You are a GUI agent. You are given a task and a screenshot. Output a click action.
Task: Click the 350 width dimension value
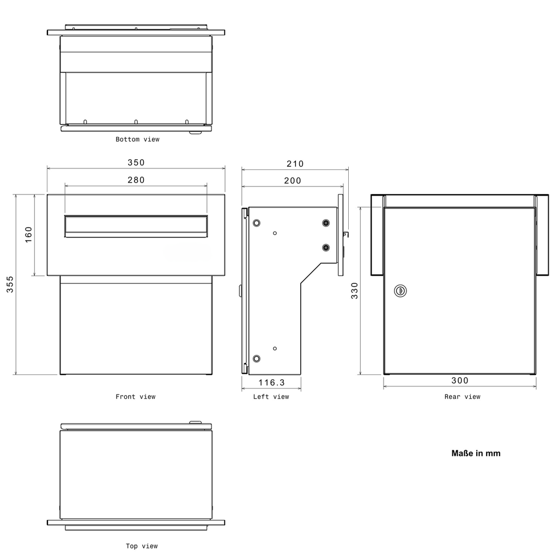(136, 162)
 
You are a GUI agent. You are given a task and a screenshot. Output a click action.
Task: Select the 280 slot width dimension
(136, 180)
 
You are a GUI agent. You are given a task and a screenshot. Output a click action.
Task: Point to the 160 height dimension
(28, 234)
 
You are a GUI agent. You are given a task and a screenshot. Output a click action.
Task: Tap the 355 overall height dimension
(10, 284)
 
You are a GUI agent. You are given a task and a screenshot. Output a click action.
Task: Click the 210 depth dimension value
(295, 163)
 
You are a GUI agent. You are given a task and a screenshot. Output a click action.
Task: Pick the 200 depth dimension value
(293, 181)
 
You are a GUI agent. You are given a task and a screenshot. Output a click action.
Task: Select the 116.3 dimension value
(271, 383)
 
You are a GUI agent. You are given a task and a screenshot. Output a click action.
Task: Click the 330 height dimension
(354, 290)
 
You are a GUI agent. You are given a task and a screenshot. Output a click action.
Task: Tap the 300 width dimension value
(460, 380)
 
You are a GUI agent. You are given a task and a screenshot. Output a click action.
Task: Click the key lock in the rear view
(401, 291)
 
